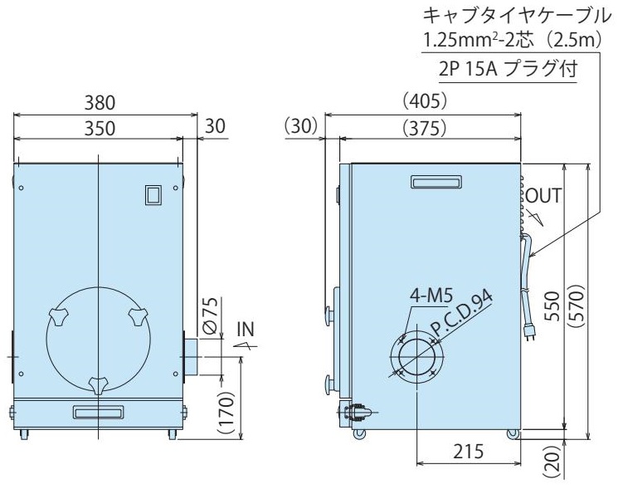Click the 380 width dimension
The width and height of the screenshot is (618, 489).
pyautogui.click(x=100, y=103)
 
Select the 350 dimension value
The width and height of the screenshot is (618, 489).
pyautogui.click(x=100, y=129)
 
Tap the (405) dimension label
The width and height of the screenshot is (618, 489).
pyautogui.click(x=425, y=101)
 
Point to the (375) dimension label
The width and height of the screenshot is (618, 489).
pyautogui.click(x=425, y=128)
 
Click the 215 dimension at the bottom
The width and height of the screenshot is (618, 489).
pyautogui.click(x=468, y=451)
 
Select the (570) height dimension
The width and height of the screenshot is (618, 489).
pyautogui.click(x=575, y=306)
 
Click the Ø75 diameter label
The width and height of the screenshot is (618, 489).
pyautogui.click(x=212, y=315)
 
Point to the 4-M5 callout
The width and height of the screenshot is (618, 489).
pyautogui.click(x=431, y=296)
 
